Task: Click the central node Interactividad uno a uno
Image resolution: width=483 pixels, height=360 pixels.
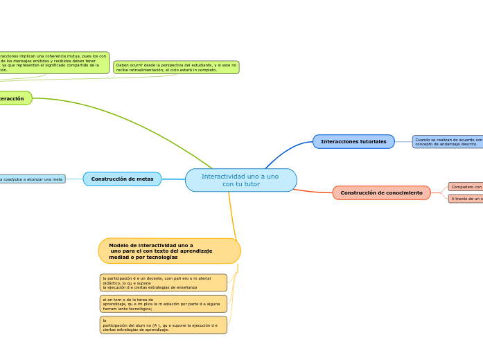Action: tap(240, 180)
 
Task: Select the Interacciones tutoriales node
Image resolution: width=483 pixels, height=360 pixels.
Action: tap(353, 141)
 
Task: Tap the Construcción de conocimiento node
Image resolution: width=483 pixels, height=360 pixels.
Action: tap(381, 192)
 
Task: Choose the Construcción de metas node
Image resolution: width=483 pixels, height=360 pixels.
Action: tap(122, 179)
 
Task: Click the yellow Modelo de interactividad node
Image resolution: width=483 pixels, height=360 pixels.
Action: tap(169, 251)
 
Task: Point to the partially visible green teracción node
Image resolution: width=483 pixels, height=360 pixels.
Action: tap(14, 98)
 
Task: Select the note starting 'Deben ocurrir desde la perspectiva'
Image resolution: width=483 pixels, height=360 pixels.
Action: tap(176, 67)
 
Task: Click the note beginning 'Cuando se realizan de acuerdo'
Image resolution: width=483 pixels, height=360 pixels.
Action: tap(448, 141)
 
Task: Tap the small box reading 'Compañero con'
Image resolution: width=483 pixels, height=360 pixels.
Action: tap(466, 186)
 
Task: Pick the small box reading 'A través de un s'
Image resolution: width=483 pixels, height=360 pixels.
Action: tap(466, 199)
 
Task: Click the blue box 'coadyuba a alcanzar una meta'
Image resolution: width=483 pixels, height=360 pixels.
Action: tap(32, 179)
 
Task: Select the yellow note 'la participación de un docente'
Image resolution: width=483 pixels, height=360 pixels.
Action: tap(163, 282)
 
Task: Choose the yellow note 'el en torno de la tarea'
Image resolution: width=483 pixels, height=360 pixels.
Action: tap(163, 304)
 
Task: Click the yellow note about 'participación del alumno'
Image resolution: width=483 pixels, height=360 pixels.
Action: tap(163, 325)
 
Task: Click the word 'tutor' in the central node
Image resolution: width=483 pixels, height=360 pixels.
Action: tap(251, 184)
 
